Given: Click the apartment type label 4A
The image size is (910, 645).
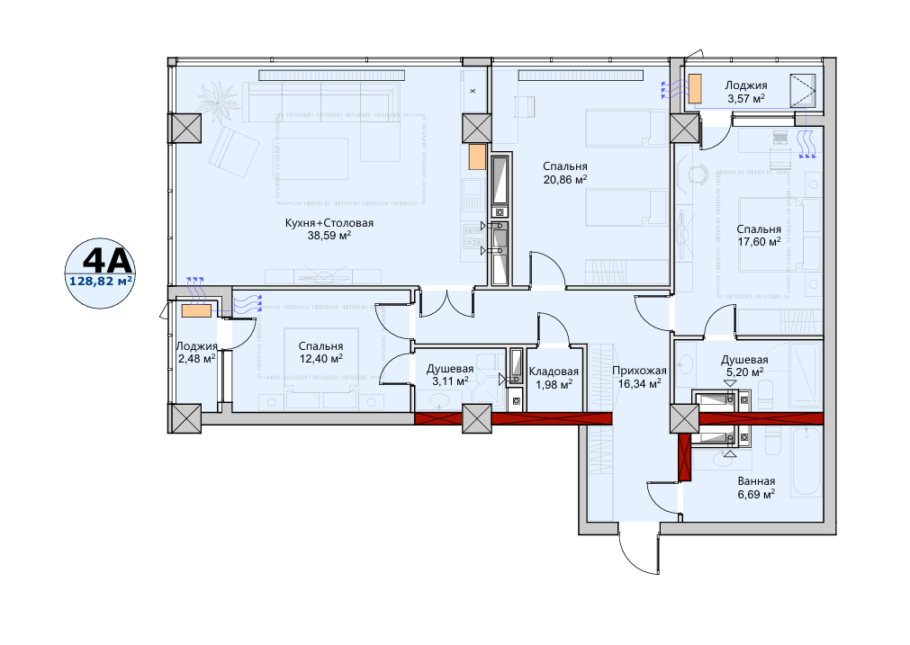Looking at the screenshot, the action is tap(109, 262).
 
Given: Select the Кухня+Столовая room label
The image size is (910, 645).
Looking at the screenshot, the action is tap(329, 223).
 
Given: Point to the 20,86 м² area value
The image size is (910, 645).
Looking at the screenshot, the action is tap(565, 179).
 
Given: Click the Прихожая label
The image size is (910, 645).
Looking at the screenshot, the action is tap(639, 371).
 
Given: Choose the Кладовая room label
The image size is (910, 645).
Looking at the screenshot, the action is tap(554, 372).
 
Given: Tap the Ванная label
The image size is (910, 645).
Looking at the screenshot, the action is tap(756, 481).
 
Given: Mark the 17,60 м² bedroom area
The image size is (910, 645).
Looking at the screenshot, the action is tap(759, 241).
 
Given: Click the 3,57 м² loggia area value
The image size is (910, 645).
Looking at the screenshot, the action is tap(746, 98).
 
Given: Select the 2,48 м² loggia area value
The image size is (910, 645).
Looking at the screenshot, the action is tap(197, 358).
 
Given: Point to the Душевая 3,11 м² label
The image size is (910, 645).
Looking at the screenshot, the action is tap(450, 375).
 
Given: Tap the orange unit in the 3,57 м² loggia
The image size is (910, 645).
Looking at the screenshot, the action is tap(695, 87).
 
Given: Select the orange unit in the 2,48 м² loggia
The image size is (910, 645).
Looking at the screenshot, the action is tap(196, 310).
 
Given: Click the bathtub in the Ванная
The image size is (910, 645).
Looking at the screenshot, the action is tap(806, 461).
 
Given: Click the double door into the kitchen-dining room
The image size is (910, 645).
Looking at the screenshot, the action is tap(446, 302).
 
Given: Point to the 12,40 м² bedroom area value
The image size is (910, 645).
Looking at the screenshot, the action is tap(321, 358).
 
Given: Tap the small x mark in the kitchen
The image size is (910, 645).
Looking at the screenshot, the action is tap(473, 91).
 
